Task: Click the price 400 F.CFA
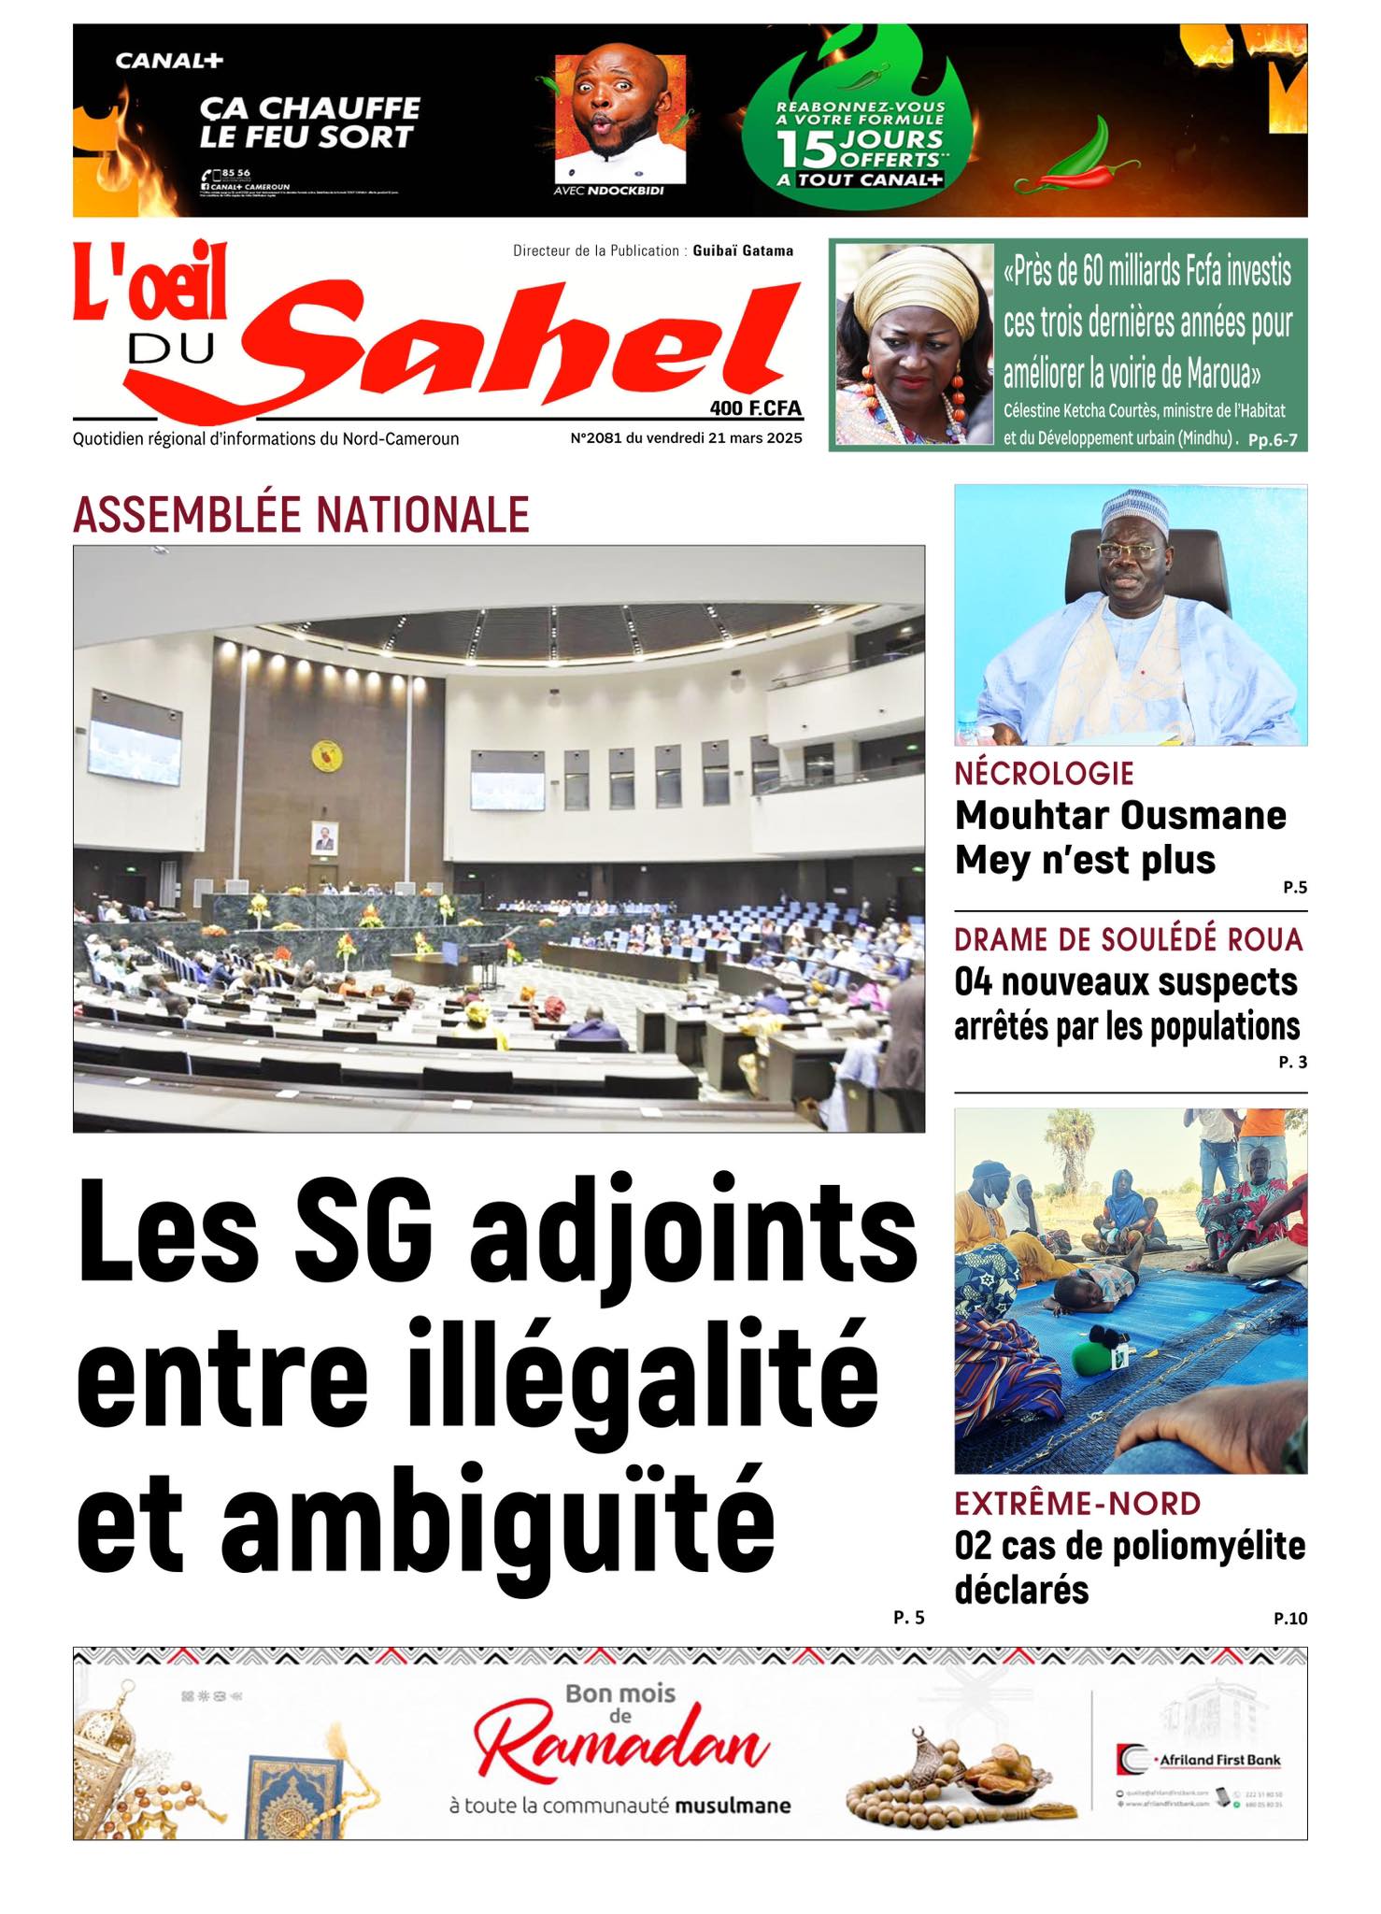tap(755, 408)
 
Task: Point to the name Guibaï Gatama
tap(743, 250)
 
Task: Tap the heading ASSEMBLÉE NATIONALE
tap(301, 514)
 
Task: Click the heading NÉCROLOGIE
tap(1044, 774)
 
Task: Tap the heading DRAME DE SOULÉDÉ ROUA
tap(1128, 939)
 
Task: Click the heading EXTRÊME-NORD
tap(1077, 1504)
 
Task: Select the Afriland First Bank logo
tap(1198, 1760)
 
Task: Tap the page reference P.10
tap(1289, 1618)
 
